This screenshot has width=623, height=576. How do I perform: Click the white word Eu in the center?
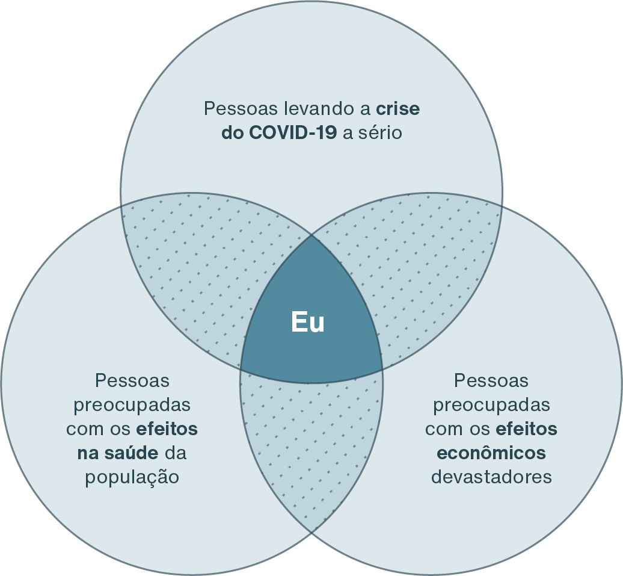(308, 322)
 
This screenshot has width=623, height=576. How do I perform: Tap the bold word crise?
(398, 109)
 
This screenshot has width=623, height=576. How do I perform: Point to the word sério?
(380, 133)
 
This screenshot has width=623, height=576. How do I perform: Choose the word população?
(132, 477)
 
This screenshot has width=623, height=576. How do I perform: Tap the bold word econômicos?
(491, 453)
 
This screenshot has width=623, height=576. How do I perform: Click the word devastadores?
(491, 477)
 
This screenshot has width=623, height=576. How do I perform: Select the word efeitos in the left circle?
(167, 429)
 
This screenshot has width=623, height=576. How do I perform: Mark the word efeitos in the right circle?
(527, 429)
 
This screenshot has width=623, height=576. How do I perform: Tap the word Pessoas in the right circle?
(491, 380)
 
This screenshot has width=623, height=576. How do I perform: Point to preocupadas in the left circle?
(132, 404)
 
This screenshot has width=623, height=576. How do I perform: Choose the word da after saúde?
(174, 453)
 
